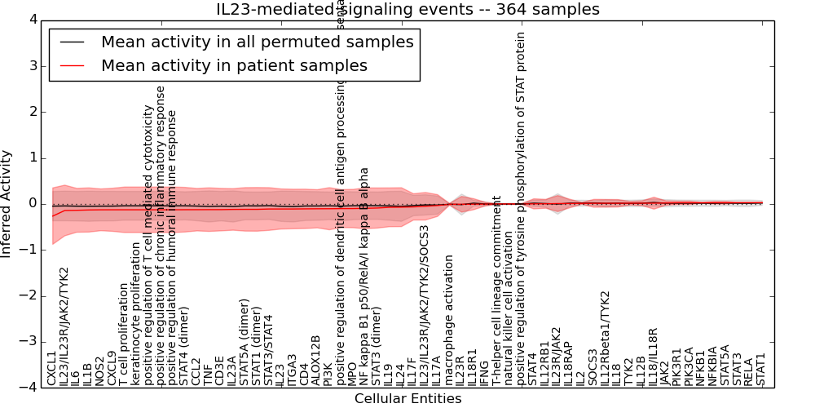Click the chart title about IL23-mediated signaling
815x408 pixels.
[x=407, y=10]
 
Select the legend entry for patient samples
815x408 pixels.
[x=234, y=65]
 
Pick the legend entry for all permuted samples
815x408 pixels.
[x=257, y=42]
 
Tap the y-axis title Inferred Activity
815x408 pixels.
[x=7, y=203]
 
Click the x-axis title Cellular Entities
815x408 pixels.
[x=407, y=399]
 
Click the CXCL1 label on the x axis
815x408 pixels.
[x=52, y=368]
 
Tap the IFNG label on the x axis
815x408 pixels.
[x=484, y=372]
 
